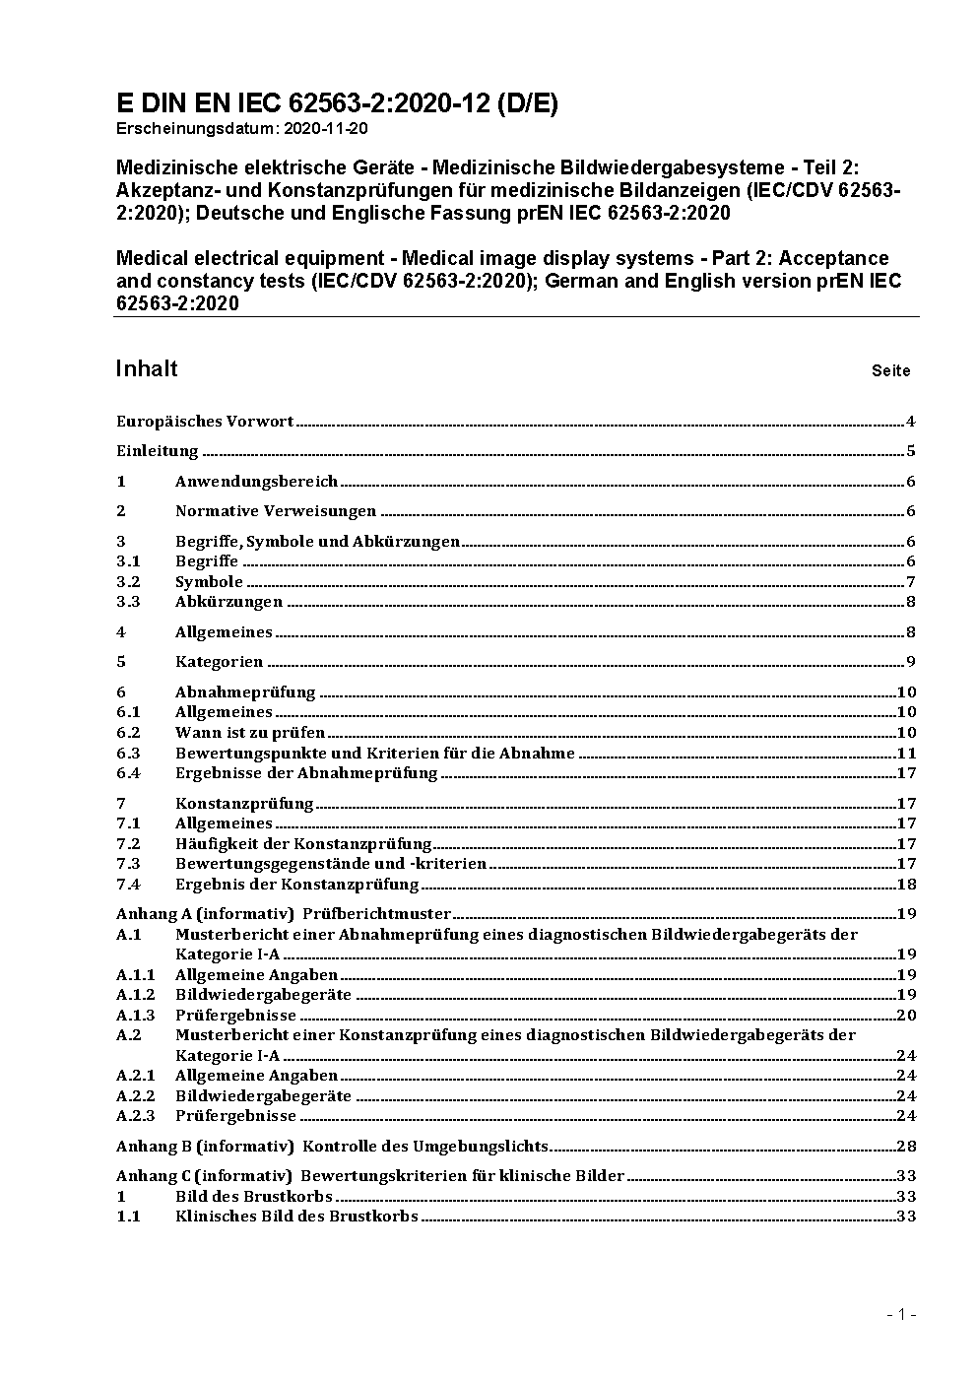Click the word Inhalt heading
tap(147, 368)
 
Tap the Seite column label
tap(890, 371)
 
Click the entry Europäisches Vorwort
tap(205, 422)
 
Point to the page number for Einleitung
tap(911, 452)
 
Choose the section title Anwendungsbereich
tap(256, 482)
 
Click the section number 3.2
tap(128, 582)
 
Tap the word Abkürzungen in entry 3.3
tap(228, 602)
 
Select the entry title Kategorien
tap(219, 662)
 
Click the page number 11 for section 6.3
tap(906, 754)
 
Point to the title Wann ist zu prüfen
tap(250, 733)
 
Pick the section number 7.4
tap(128, 885)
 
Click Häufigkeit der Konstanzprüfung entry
tap(303, 844)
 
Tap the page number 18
tap(906, 885)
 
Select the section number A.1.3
tap(135, 1016)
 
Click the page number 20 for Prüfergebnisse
tap(906, 1016)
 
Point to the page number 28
tap(906, 1147)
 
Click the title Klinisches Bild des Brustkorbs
tap(296, 1217)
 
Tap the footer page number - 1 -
tap(901, 1314)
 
